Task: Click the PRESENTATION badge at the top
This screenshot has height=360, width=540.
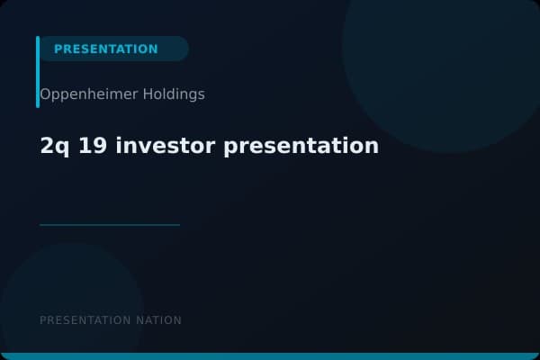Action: click(106, 49)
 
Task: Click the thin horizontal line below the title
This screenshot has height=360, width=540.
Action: click(110, 225)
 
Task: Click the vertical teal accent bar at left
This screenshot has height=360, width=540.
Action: click(38, 72)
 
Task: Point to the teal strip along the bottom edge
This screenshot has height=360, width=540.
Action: click(270, 356)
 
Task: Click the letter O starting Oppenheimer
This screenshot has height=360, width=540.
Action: click(45, 94)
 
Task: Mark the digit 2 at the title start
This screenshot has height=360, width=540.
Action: click(47, 145)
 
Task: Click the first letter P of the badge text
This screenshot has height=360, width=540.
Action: click(58, 49)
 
